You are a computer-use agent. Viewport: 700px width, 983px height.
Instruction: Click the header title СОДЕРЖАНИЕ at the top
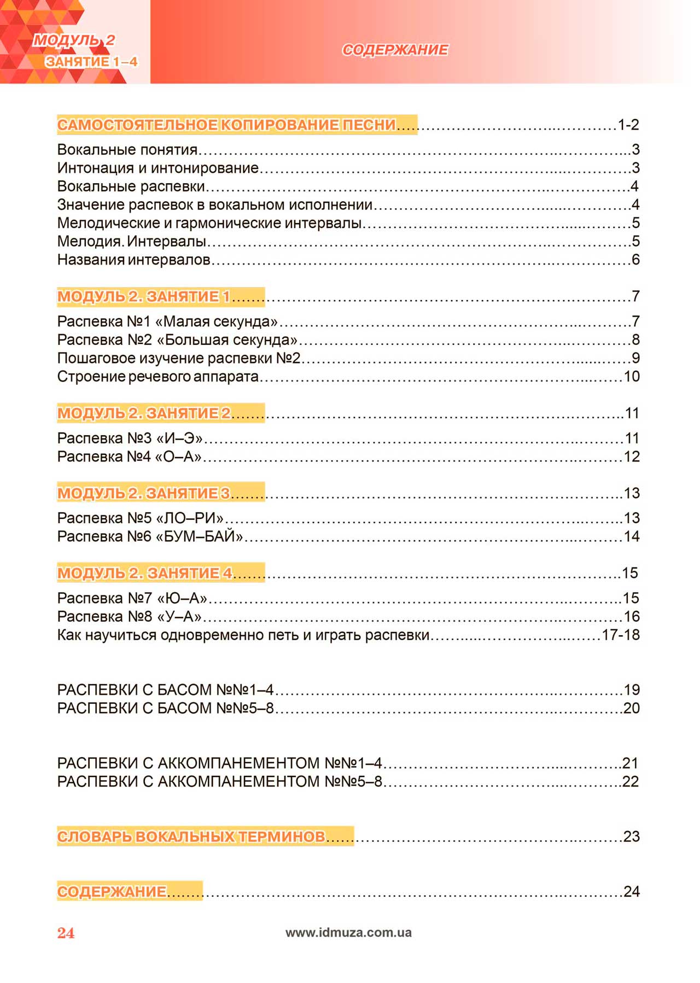click(395, 50)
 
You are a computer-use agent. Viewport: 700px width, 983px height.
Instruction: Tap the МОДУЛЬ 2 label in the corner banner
click(74, 40)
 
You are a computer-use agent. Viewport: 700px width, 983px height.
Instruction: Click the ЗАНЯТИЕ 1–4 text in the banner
click(91, 61)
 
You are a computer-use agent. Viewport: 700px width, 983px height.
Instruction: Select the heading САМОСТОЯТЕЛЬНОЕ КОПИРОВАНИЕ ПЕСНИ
click(226, 125)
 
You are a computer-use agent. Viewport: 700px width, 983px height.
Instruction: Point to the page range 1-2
click(628, 125)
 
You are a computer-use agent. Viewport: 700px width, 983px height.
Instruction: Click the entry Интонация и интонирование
click(157, 168)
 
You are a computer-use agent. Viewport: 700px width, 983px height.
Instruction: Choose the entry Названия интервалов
click(133, 260)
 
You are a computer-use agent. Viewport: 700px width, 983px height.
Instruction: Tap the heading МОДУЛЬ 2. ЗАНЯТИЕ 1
click(144, 296)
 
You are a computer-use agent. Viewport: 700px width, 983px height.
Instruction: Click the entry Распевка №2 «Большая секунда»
click(177, 340)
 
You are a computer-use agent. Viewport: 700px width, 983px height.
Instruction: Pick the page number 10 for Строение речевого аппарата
click(632, 376)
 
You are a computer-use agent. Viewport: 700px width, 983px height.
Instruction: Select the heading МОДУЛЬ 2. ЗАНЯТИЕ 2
click(144, 413)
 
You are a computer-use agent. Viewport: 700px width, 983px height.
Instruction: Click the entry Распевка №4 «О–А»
click(130, 457)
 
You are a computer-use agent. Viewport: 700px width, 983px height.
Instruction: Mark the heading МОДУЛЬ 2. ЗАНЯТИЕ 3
click(144, 493)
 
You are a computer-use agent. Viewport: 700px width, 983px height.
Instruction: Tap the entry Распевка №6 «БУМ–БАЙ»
click(150, 536)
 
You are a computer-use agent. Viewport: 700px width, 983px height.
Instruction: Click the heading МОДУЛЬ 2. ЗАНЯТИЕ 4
click(144, 573)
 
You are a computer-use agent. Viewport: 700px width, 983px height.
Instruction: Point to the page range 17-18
click(621, 635)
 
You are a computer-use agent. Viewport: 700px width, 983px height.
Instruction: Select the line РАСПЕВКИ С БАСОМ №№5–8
click(165, 708)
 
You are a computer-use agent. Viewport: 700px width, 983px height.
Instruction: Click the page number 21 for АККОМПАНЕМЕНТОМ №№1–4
click(631, 763)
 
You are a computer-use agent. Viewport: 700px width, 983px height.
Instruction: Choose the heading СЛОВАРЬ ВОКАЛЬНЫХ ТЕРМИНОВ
click(191, 836)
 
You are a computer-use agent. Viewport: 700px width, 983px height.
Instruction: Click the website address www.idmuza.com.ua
click(348, 932)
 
